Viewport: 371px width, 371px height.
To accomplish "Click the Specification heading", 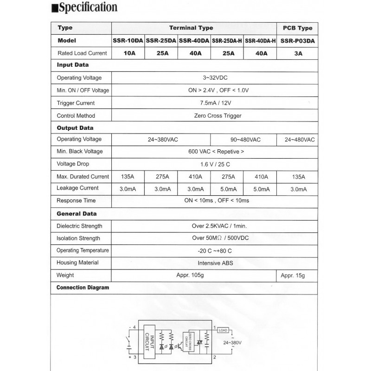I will click(x=87, y=8).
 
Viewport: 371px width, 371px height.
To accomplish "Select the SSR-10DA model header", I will click(x=128, y=41).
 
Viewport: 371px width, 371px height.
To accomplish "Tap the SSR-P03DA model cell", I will click(x=297, y=41).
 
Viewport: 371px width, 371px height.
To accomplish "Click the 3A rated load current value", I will click(x=298, y=53).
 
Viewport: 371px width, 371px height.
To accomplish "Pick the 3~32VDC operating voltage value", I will click(x=215, y=77).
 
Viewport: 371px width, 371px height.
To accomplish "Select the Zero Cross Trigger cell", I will click(x=215, y=115).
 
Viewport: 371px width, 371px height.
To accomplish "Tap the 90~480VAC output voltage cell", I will click(x=243, y=139).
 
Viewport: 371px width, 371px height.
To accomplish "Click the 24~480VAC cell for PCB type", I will click(x=298, y=139).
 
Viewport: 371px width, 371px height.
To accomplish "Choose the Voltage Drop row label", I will click(x=73, y=164).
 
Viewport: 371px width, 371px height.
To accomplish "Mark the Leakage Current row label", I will click(x=77, y=188).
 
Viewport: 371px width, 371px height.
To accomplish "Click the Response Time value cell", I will click(x=215, y=200).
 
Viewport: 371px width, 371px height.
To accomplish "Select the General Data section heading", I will click(x=77, y=214).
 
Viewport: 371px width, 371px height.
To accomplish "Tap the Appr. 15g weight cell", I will click(x=293, y=275).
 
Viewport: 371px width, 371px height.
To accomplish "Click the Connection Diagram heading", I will click(x=83, y=288).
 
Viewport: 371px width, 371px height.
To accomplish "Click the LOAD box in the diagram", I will click(x=223, y=330).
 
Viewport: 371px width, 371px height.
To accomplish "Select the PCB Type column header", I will click(x=297, y=28).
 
